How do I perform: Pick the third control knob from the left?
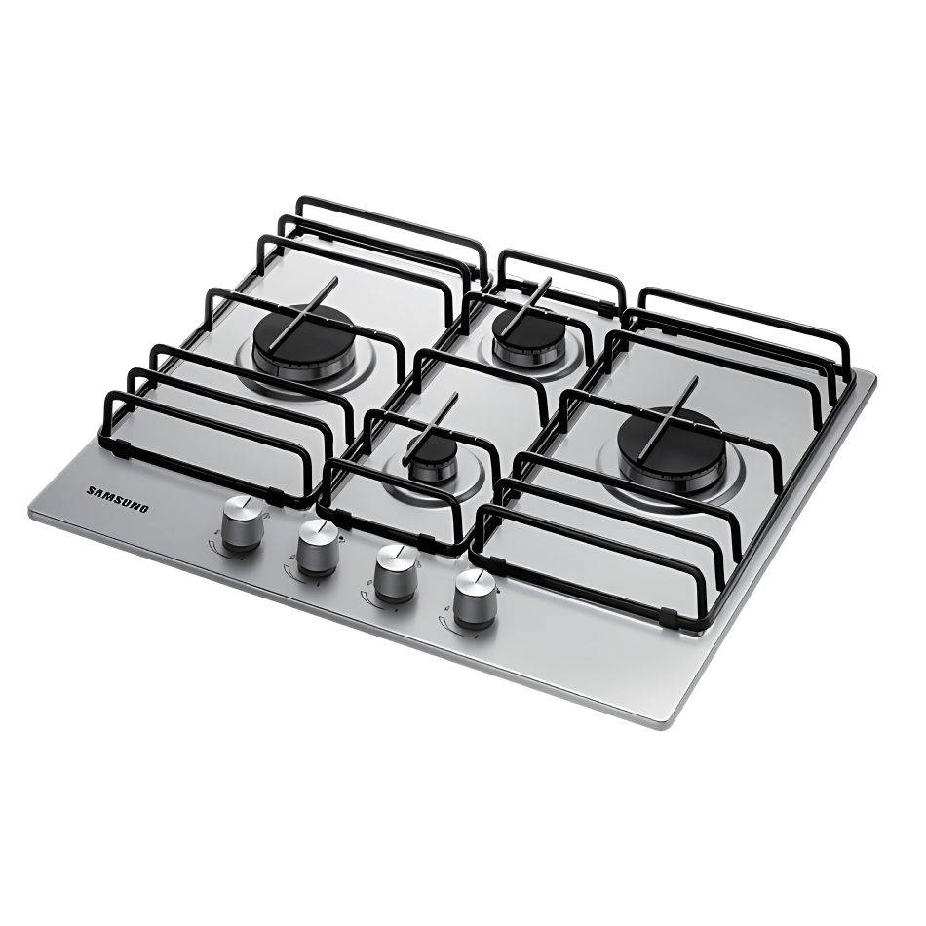click(395, 573)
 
